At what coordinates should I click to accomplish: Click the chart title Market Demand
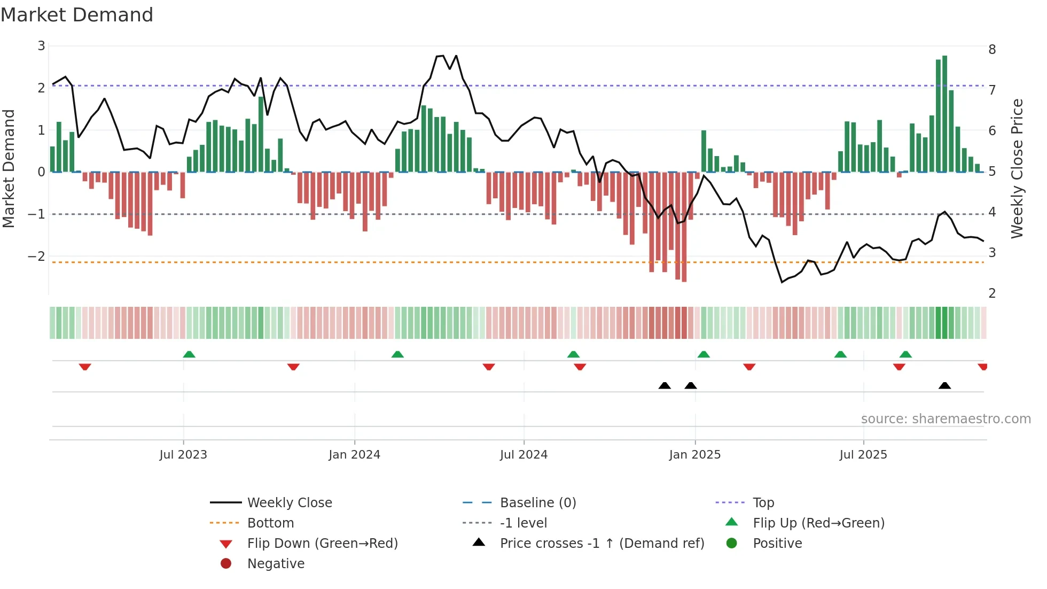(77, 14)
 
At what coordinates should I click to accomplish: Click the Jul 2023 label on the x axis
(183, 455)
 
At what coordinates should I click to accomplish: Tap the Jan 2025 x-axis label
(694, 455)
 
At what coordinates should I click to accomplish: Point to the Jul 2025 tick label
(863, 455)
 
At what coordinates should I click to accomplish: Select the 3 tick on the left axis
(41, 46)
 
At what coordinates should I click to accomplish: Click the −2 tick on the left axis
(36, 256)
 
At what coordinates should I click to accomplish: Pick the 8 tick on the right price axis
(992, 50)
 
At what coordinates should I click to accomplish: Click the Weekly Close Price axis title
(1017, 168)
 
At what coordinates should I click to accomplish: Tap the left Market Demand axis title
(9, 168)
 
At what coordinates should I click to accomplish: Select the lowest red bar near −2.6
(684, 227)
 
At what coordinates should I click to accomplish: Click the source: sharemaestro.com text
(946, 419)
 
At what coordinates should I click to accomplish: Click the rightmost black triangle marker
(944, 386)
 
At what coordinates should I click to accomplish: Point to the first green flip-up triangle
(189, 354)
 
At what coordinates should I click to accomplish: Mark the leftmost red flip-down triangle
(85, 367)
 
